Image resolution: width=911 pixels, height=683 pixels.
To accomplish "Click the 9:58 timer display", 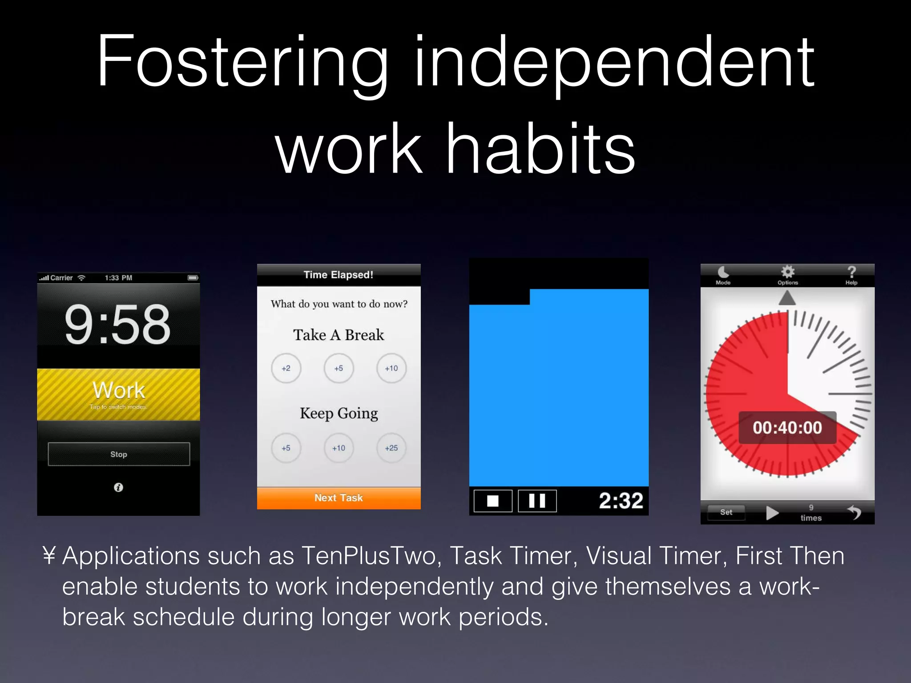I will (x=117, y=325).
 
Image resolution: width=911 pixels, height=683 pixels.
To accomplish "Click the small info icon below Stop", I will (x=118, y=487).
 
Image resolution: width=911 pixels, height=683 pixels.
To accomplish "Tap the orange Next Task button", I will (x=339, y=498).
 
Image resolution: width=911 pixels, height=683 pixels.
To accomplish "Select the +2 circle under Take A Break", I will (x=286, y=368).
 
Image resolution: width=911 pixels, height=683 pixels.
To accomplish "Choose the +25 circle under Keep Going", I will (x=391, y=448).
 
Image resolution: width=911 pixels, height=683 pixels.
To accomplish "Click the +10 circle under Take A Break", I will (x=391, y=368).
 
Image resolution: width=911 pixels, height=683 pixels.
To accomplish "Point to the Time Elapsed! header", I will (x=339, y=275).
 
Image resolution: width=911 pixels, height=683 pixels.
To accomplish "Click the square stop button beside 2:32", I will (x=492, y=501).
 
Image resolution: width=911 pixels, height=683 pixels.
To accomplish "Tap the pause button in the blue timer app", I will (x=537, y=501).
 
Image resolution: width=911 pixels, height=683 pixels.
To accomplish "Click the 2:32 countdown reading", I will (x=621, y=501).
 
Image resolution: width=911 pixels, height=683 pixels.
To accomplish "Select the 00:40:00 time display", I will (x=787, y=428).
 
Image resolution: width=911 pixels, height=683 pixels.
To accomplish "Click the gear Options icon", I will (x=787, y=272).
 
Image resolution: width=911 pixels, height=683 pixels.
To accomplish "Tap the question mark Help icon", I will (x=851, y=272).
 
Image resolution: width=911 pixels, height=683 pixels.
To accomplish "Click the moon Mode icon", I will (x=723, y=272).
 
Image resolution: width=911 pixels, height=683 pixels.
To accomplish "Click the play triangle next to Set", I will (x=772, y=513).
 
